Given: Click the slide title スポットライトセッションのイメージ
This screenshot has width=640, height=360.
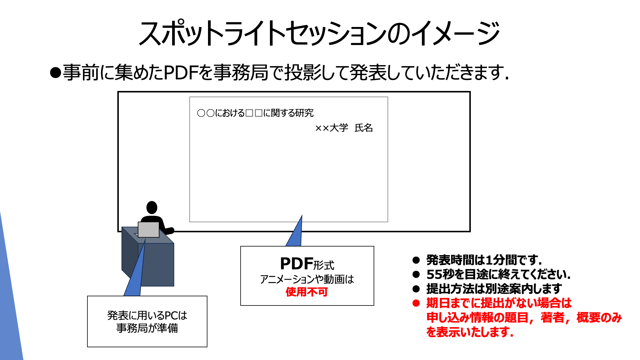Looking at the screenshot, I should coord(319,33).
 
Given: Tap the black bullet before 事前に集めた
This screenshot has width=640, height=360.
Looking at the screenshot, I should coord(55,73).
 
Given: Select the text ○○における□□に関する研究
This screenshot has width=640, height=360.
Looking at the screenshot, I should coord(255,113).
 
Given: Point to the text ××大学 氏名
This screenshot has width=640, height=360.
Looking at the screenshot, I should coord(344,128).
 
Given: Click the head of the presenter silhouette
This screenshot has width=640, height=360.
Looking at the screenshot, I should coord(152,207).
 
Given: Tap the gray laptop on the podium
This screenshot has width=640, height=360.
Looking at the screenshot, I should coord(148,229).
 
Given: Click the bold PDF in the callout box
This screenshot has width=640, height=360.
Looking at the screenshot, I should coord(296,264).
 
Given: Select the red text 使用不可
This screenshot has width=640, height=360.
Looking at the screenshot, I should coord(307,292).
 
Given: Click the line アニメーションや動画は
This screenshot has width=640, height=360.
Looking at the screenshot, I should coord(307,279).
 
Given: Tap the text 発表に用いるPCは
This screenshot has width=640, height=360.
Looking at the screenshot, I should coord(147,316).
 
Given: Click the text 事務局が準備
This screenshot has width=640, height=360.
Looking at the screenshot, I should coord(147,328).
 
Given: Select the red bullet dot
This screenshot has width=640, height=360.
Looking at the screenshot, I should coord(416,303).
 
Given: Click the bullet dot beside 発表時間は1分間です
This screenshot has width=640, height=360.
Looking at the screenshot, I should coord(416,260).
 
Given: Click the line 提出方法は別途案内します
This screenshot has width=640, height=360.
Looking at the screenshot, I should coord(494,289).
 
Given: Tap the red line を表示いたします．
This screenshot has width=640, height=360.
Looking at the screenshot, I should coord(470,332).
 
